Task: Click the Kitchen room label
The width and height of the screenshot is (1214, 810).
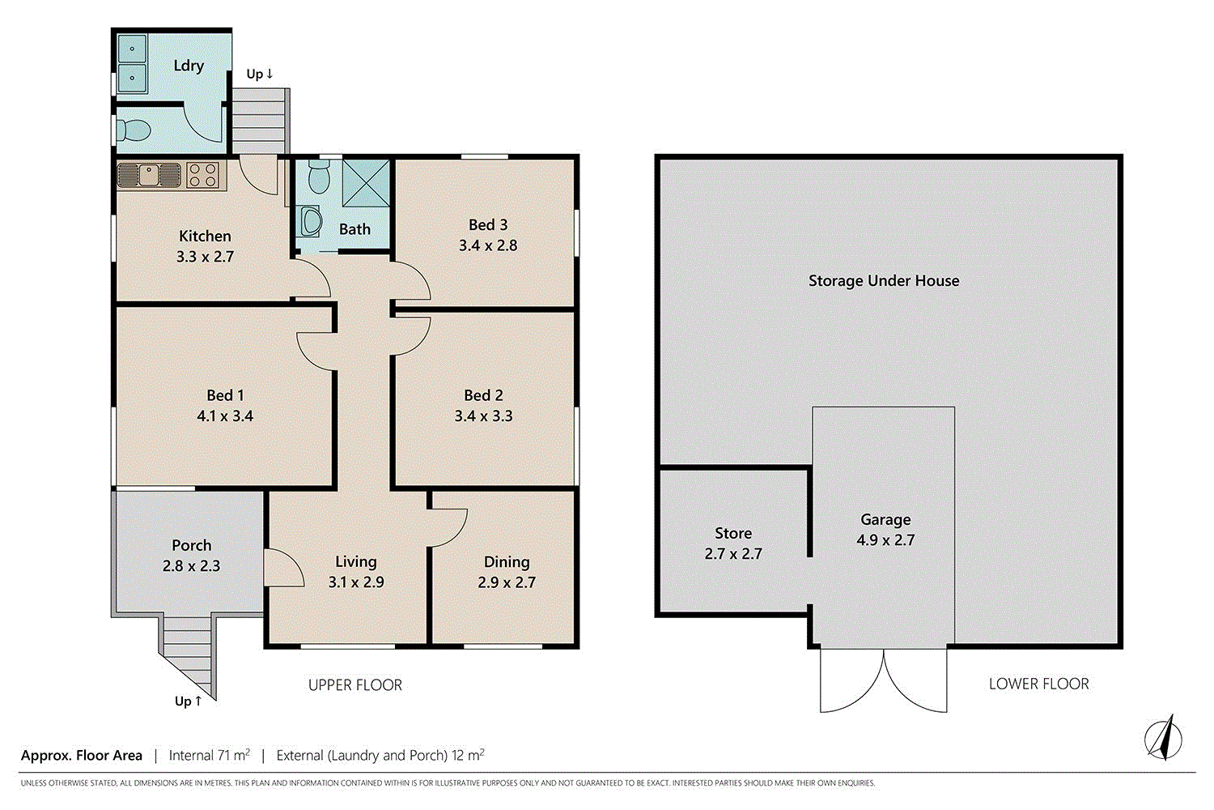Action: click(205, 236)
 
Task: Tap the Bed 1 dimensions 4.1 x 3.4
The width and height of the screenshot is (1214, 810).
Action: click(225, 416)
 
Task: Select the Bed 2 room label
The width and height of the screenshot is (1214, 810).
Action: click(483, 395)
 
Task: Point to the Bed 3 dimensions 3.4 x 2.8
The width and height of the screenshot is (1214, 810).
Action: click(488, 245)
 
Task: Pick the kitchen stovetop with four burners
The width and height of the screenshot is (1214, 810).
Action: click(202, 174)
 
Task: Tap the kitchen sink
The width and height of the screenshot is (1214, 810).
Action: click(149, 174)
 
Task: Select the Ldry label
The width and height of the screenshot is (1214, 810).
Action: click(189, 66)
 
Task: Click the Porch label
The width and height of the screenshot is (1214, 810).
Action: click(191, 545)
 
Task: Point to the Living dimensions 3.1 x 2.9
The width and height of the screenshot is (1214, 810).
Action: click(356, 582)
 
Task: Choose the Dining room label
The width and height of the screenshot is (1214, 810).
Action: click(507, 561)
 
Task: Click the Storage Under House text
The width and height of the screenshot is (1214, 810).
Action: click(884, 281)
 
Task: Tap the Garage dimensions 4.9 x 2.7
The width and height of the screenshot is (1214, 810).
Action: click(885, 540)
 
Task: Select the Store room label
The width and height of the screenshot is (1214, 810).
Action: click(733, 533)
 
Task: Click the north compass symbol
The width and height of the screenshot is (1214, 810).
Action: click(1163, 738)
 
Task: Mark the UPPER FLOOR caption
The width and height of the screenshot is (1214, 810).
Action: click(355, 685)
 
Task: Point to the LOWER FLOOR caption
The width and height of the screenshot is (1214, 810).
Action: click(1038, 684)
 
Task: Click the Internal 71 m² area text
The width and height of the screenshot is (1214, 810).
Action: click(210, 756)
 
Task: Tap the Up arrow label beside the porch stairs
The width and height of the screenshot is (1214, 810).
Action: click(188, 701)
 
